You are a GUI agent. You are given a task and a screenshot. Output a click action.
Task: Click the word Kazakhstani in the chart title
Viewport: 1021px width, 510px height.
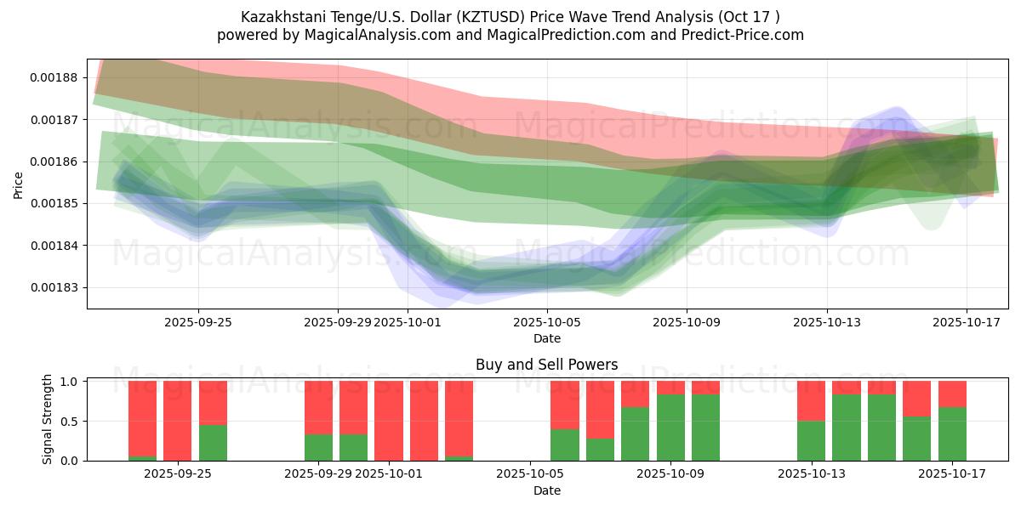click(279, 16)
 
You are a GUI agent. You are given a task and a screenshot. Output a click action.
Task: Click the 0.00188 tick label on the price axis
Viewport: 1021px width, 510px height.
click(54, 77)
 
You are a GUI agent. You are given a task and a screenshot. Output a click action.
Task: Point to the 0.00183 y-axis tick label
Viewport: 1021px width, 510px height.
click(54, 287)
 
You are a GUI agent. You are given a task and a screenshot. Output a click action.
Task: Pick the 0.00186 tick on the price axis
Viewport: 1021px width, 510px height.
click(54, 161)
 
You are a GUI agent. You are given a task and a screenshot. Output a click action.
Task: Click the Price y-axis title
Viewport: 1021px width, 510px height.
click(19, 184)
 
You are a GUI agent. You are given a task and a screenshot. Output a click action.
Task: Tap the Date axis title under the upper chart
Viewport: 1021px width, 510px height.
click(546, 338)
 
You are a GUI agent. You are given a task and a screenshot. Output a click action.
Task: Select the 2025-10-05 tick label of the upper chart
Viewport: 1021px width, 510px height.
click(546, 322)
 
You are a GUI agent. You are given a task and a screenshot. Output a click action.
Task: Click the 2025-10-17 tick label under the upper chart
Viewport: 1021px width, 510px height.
click(966, 322)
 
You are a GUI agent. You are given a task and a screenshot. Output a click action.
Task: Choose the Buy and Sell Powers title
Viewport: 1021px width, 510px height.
click(546, 365)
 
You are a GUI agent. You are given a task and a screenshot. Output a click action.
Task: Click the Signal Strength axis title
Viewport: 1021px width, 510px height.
click(48, 419)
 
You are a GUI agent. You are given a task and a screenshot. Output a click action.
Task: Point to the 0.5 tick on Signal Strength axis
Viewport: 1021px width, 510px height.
click(71, 421)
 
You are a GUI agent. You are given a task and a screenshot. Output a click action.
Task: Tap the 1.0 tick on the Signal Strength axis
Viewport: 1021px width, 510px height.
click(71, 382)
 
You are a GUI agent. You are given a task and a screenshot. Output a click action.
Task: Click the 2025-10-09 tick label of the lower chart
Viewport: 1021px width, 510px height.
click(671, 474)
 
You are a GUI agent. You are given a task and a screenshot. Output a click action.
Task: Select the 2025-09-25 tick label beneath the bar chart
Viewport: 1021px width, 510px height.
click(178, 474)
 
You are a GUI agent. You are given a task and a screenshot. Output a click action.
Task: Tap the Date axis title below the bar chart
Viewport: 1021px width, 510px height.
click(546, 490)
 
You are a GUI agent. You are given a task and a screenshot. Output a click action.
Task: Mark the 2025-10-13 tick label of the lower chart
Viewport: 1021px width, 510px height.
click(812, 474)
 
